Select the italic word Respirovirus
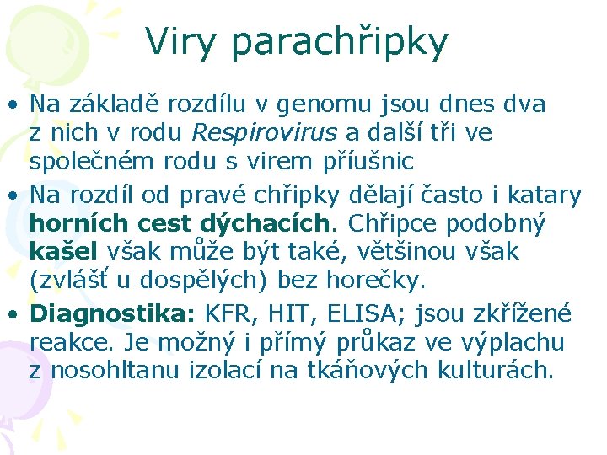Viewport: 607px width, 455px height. point(264,133)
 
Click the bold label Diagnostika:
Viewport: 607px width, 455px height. point(112,314)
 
